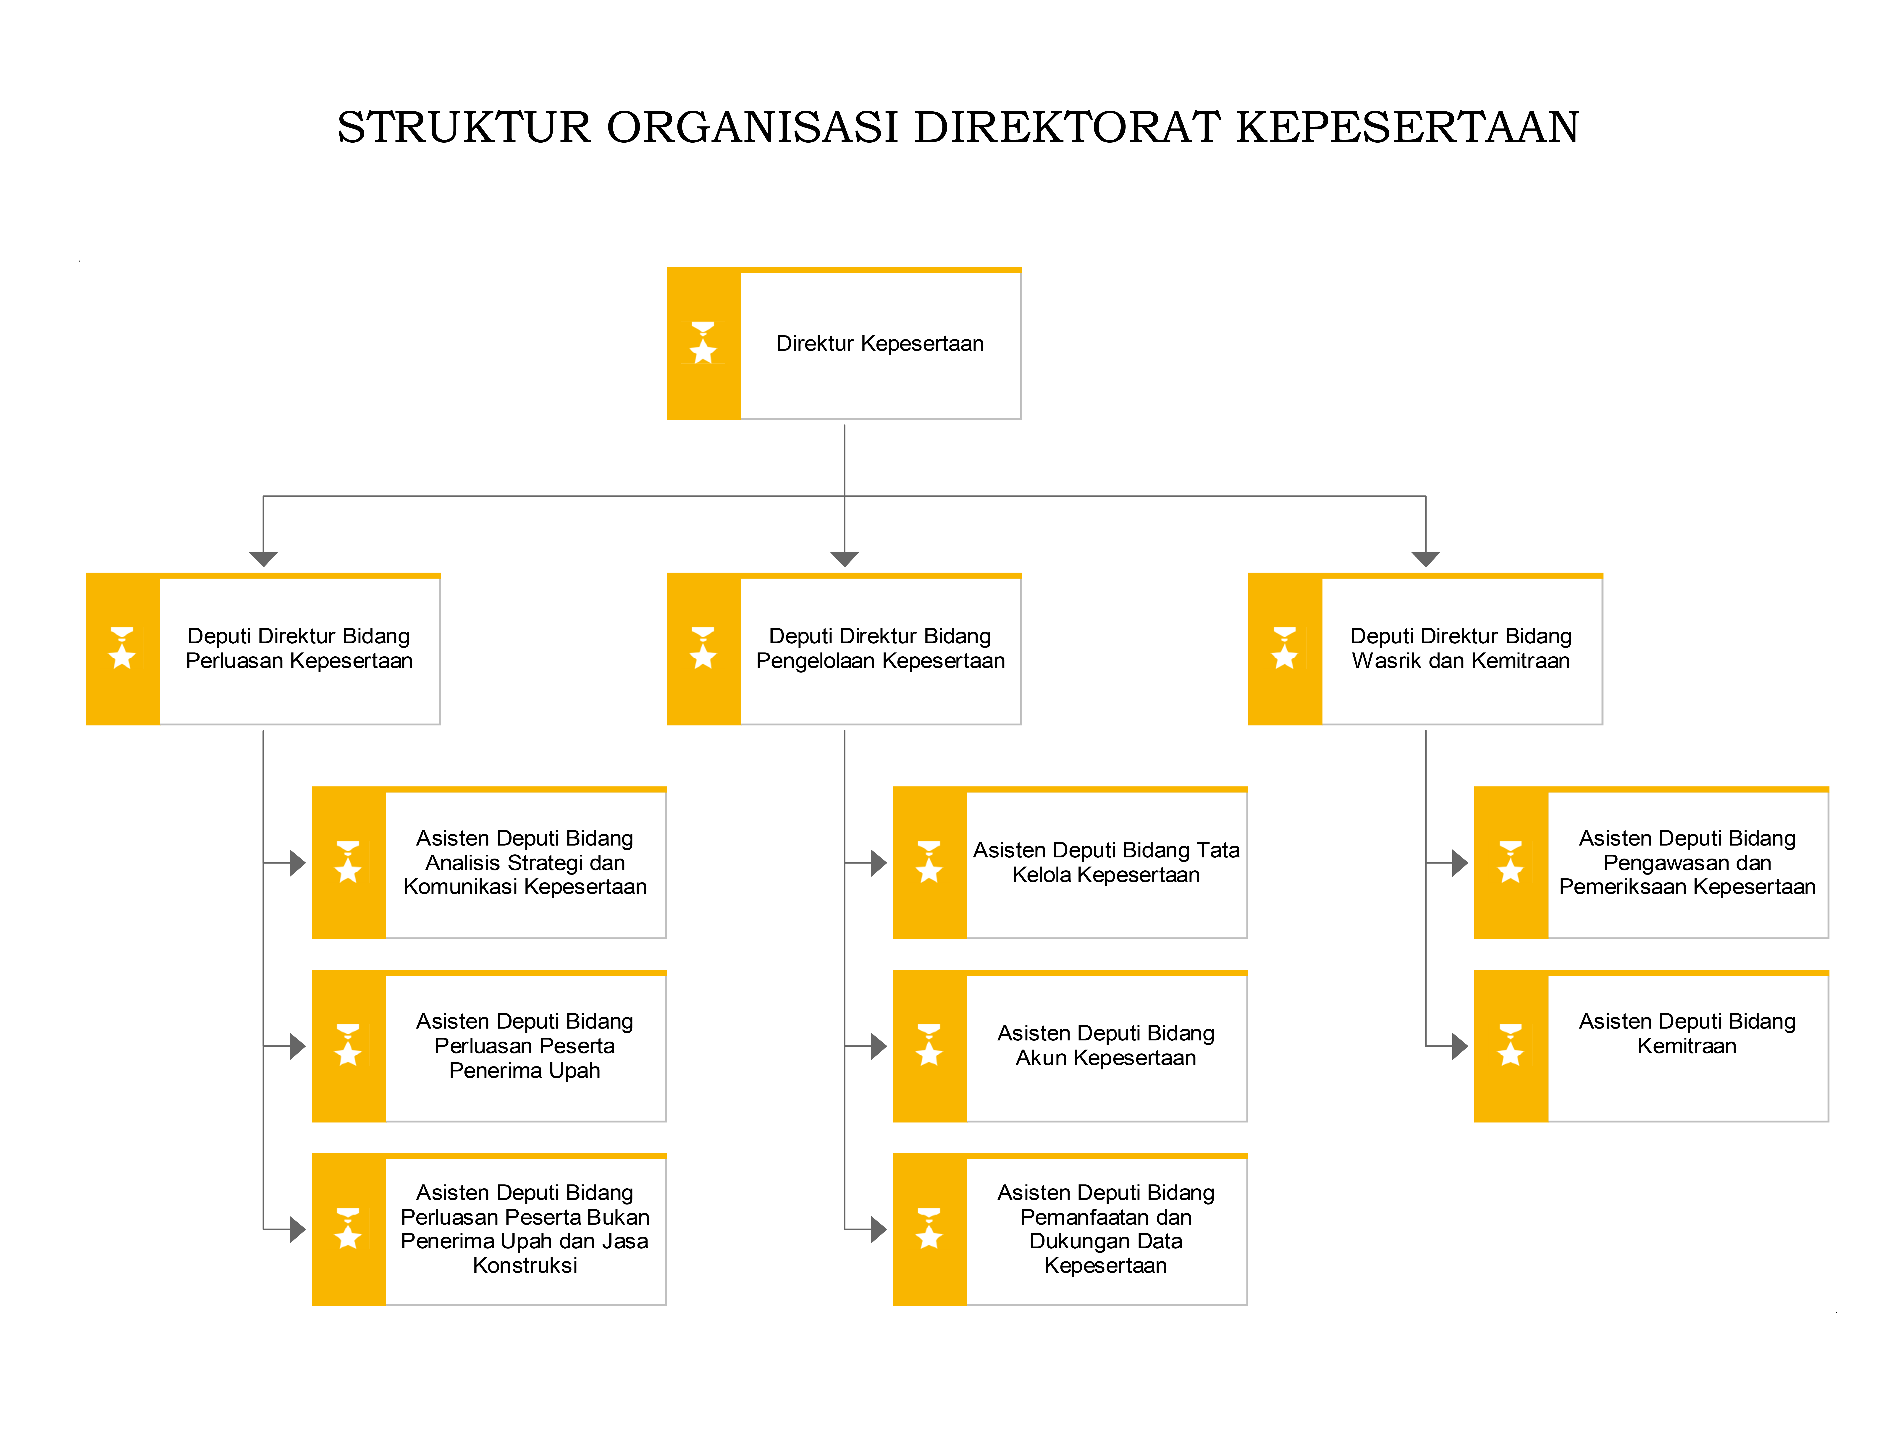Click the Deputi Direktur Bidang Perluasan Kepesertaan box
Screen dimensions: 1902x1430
click(263, 648)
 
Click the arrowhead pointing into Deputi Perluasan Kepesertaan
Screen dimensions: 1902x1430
click(263, 559)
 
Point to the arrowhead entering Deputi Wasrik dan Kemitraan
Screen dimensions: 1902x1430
click(1426, 559)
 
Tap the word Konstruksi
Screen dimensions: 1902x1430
click(525, 1265)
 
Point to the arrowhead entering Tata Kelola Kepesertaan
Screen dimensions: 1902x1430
click(879, 862)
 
